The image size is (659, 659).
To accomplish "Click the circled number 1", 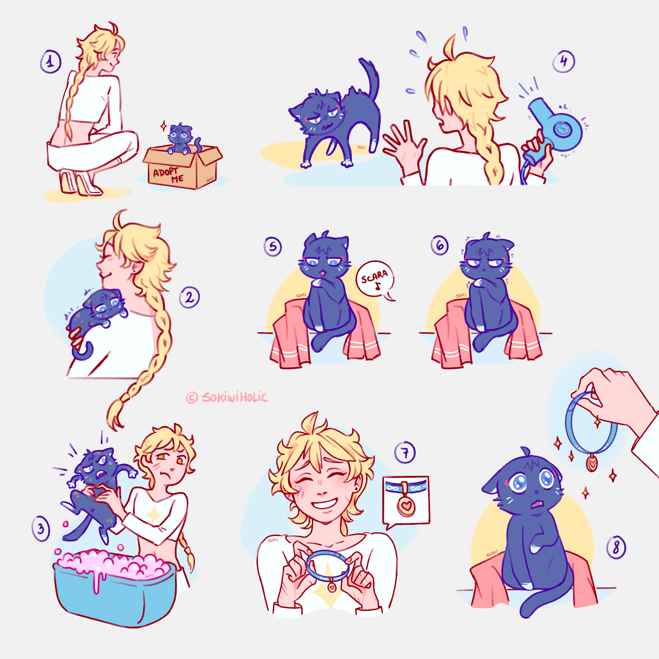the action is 51,62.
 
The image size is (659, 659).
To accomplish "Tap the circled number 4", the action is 564,61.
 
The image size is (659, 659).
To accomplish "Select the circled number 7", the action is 405,452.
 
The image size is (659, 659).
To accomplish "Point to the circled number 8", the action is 616,547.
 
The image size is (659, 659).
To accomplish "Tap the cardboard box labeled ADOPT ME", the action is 183,167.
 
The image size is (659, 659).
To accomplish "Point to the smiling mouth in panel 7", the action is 324,503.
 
